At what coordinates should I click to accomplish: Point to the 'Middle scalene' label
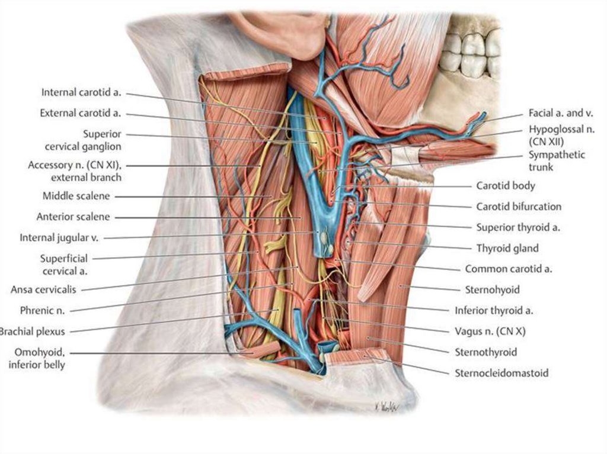pyautogui.click(x=76, y=196)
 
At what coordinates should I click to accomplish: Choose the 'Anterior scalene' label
pyautogui.click(x=73, y=217)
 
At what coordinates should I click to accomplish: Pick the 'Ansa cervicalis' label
pyautogui.click(x=46, y=289)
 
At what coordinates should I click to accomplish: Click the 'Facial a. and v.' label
pyautogui.click(x=561, y=113)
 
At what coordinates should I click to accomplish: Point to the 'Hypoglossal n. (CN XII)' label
pyautogui.click(x=561, y=135)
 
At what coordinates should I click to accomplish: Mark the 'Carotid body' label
pyautogui.click(x=506, y=186)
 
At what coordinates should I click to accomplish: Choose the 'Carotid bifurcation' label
pyautogui.click(x=519, y=207)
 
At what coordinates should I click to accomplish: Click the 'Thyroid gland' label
pyautogui.click(x=507, y=249)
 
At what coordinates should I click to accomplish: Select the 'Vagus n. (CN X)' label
pyautogui.click(x=491, y=331)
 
